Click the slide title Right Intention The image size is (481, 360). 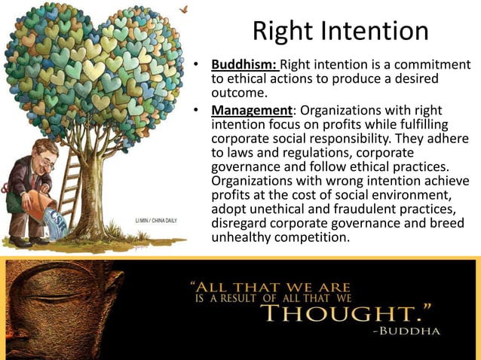(340, 31)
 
